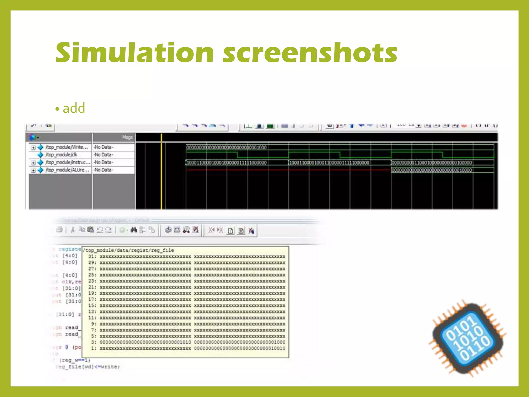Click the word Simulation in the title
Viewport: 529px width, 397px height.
pos(134,53)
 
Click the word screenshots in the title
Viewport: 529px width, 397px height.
pos(310,53)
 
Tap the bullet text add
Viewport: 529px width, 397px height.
pos(74,108)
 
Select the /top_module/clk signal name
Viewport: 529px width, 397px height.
pos(61,155)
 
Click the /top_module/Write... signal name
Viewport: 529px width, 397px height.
pos(67,147)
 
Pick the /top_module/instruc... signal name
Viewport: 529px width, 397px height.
pos(68,162)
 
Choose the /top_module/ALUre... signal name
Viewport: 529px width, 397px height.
pos(67,170)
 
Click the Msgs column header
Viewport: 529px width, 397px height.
pos(127,137)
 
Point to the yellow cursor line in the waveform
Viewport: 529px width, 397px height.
pos(161,181)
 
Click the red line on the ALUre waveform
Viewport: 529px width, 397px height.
pos(284,170)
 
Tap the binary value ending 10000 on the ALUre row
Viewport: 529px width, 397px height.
pos(432,170)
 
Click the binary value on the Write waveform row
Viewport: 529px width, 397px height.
pos(226,148)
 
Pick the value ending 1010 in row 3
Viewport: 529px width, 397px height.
pos(145,342)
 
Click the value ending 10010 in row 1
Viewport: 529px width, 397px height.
pos(240,348)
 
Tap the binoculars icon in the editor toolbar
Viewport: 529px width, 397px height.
pos(134,230)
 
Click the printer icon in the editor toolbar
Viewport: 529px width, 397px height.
pos(59,230)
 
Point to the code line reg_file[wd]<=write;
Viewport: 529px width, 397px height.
pos(88,367)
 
